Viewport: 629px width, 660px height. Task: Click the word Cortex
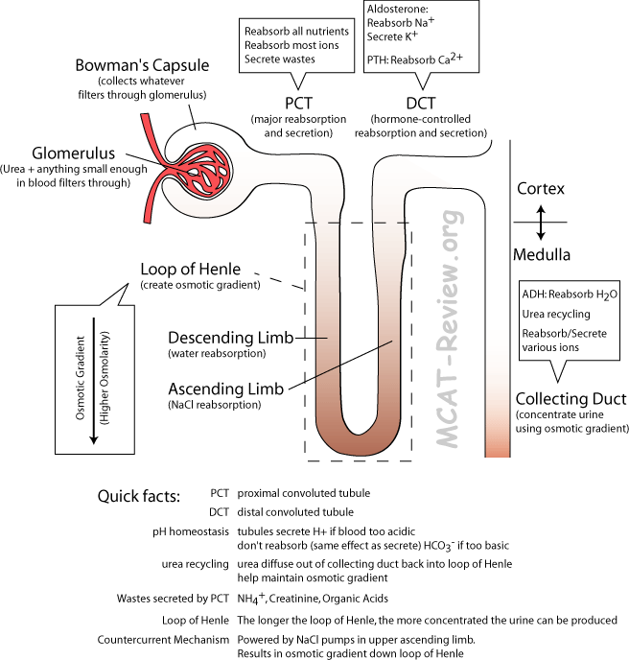[542, 188]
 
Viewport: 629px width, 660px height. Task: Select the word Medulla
[542, 256]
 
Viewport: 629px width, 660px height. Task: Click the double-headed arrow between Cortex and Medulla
[542, 223]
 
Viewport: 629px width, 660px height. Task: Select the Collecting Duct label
[570, 398]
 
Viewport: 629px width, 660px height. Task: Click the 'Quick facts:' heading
[138, 496]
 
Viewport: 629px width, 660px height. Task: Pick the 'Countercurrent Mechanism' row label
[163, 639]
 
